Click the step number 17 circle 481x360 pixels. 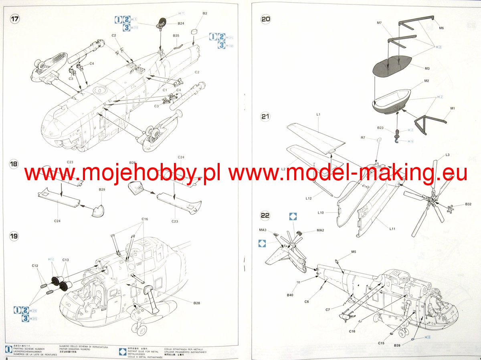click(15, 20)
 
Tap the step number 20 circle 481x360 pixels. click(265, 19)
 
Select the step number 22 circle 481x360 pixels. click(265, 215)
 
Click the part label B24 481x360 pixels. click(181, 24)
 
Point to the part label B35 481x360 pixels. click(176, 36)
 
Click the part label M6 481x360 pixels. click(441, 28)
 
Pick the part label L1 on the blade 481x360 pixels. click(318, 115)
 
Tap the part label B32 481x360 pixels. click(468, 204)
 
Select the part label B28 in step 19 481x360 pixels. click(196, 303)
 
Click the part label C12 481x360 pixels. click(35, 266)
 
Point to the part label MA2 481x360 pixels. click(320, 230)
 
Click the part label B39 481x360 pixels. click(397, 345)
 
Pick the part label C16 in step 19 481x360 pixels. click(145, 219)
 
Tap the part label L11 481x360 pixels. click(392, 229)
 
